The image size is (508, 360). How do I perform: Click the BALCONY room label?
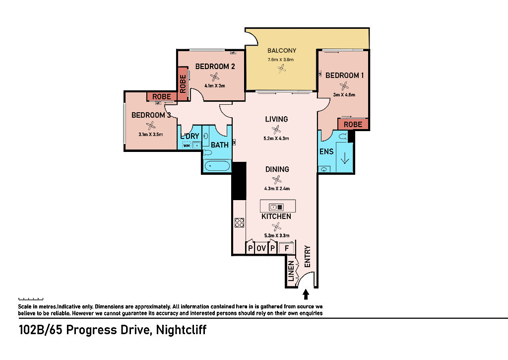[282, 51]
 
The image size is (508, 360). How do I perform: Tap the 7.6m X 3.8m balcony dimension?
[281, 60]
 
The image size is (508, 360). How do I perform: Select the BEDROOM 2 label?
[215, 67]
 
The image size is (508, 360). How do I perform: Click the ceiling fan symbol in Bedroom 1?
[344, 86]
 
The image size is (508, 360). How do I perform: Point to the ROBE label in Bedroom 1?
[353, 125]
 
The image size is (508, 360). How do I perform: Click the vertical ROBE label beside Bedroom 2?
[183, 84]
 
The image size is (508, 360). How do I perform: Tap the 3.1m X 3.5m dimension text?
[151, 134]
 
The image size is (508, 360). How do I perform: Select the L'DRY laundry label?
[190, 136]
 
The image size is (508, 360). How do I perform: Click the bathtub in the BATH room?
[217, 166]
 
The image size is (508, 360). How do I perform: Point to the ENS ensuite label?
[326, 151]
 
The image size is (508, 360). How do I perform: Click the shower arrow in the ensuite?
[345, 158]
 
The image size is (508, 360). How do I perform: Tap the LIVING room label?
[276, 119]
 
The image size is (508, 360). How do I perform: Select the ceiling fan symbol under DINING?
[277, 180]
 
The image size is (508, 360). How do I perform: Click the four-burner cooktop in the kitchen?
[240, 222]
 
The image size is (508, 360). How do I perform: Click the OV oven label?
[261, 248]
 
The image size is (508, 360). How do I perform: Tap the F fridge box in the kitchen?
[286, 248]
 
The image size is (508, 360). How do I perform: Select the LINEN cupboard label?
[291, 271]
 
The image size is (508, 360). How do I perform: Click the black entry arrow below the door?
[306, 294]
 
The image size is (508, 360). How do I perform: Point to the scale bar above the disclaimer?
[31, 299]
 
